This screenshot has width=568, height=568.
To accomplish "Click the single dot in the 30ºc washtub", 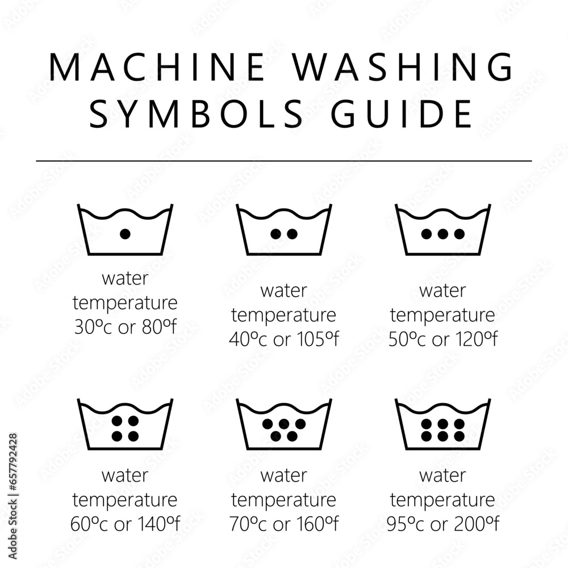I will (126, 233).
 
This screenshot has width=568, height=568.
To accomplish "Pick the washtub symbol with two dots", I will (284, 230).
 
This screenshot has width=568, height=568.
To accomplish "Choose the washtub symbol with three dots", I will (442, 230).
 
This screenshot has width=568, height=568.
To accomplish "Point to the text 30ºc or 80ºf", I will (125, 327).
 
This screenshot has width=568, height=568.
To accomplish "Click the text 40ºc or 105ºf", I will (283, 339).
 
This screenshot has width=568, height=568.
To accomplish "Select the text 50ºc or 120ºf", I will (442, 339).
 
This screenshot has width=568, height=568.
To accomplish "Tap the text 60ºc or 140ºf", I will (125, 524).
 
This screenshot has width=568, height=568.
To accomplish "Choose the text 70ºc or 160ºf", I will (283, 524).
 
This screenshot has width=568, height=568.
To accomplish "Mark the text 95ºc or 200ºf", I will (442, 524).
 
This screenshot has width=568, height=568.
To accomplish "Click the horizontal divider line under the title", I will (284, 161).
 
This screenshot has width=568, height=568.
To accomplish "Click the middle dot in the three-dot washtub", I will (442, 233).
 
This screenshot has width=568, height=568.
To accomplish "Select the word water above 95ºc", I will (442, 475).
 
